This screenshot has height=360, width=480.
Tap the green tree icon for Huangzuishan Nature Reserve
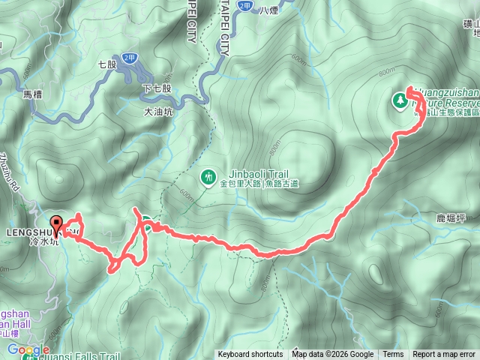tap(400, 98)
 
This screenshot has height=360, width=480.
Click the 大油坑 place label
tap(157, 112)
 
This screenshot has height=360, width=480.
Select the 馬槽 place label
tap(33, 95)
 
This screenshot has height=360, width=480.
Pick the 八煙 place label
tap(268, 10)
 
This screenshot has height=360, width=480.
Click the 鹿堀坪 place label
tap(451, 218)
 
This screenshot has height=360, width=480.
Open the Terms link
tap(393, 355)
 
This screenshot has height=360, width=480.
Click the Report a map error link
tap(444, 355)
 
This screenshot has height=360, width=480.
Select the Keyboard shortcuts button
tap(250, 355)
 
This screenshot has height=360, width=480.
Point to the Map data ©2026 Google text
tap(333, 355)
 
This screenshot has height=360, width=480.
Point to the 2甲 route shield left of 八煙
tap(244, 5)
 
